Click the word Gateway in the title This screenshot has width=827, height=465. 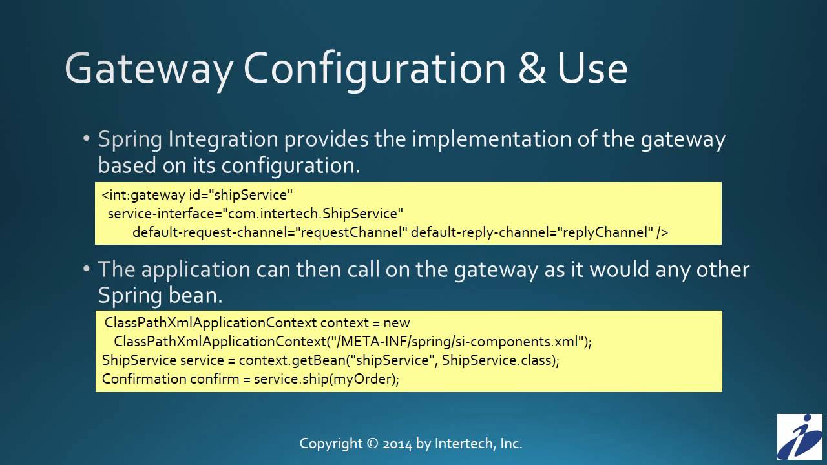point(148,68)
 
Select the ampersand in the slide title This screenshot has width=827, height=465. point(532,68)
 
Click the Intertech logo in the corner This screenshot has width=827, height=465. point(799,437)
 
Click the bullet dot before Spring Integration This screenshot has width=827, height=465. point(87,139)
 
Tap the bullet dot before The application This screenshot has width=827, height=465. point(87,269)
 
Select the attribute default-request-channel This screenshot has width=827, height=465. point(213,232)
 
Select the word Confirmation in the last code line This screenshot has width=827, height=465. point(144,378)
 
